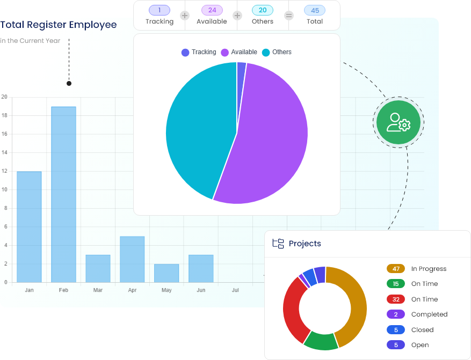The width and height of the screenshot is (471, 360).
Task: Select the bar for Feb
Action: [x=63, y=194]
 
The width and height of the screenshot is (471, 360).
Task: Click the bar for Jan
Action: [x=29, y=226]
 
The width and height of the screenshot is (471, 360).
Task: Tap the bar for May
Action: [x=166, y=273]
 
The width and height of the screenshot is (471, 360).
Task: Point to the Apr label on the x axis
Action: [x=132, y=290]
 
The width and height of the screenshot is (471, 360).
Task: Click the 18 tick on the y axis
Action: [x=4, y=115]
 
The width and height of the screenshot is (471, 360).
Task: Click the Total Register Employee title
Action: [x=59, y=25]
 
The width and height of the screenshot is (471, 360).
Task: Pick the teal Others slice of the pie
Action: [x=199, y=129]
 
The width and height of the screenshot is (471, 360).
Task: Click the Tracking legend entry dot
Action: [x=185, y=53]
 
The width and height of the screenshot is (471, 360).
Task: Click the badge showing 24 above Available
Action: [x=212, y=10]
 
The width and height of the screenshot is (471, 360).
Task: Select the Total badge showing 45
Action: [x=315, y=10]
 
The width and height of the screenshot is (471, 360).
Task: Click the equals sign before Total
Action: [x=289, y=16]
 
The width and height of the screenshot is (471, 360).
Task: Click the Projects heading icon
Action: [x=278, y=244]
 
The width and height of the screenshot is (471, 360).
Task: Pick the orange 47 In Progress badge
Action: [x=396, y=269]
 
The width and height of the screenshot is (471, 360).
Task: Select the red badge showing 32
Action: [x=396, y=299]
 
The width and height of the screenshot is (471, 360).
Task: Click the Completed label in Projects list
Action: [x=429, y=314]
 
